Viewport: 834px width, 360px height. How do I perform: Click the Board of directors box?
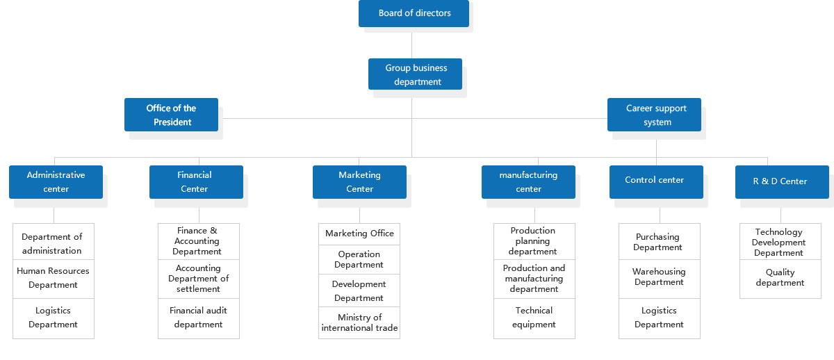(414, 13)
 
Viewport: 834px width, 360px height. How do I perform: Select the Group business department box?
(415, 74)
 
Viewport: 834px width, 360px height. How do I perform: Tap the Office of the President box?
(171, 115)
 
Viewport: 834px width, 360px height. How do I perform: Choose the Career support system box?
(654, 115)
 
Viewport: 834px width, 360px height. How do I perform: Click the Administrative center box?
(56, 182)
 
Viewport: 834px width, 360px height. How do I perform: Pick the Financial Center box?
(196, 182)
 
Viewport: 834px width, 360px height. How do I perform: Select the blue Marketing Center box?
(360, 182)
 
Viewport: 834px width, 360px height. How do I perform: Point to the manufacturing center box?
(528, 182)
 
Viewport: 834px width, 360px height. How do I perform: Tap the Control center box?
(656, 182)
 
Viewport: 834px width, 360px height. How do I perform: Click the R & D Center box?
(783, 182)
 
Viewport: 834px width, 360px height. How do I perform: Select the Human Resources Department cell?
(54, 279)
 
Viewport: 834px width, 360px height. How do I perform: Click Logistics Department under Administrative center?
(54, 319)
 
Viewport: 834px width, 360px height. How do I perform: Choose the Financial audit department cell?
(199, 319)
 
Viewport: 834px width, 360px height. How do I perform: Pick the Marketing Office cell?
(359, 234)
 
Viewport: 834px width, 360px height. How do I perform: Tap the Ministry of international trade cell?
(359, 322)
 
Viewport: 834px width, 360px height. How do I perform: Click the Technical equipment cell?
(534, 319)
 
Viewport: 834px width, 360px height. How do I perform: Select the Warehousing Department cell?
(660, 279)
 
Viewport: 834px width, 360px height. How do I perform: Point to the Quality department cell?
(780, 279)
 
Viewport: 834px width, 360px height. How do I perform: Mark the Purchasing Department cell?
(660, 242)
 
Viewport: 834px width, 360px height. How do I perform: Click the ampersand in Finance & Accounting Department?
(213, 231)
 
